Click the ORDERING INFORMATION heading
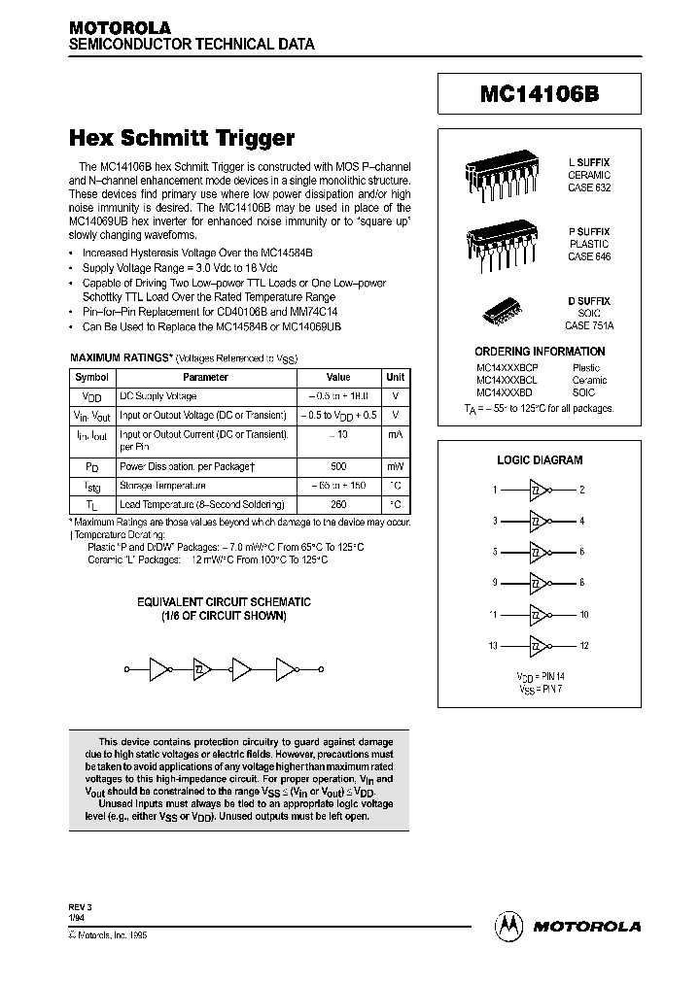click(x=540, y=352)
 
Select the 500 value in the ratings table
click(x=337, y=466)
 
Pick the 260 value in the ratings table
click(x=337, y=504)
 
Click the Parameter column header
click(x=206, y=377)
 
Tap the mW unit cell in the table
click(x=396, y=466)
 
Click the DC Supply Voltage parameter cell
click(x=157, y=396)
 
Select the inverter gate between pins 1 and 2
click(x=539, y=491)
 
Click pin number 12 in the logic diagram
click(x=583, y=646)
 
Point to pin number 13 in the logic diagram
click(x=493, y=646)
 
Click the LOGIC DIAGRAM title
click(x=540, y=460)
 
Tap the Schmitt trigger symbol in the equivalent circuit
click(x=200, y=669)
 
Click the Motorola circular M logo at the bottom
click(x=509, y=926)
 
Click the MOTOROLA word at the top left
click(x=120, y=28)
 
